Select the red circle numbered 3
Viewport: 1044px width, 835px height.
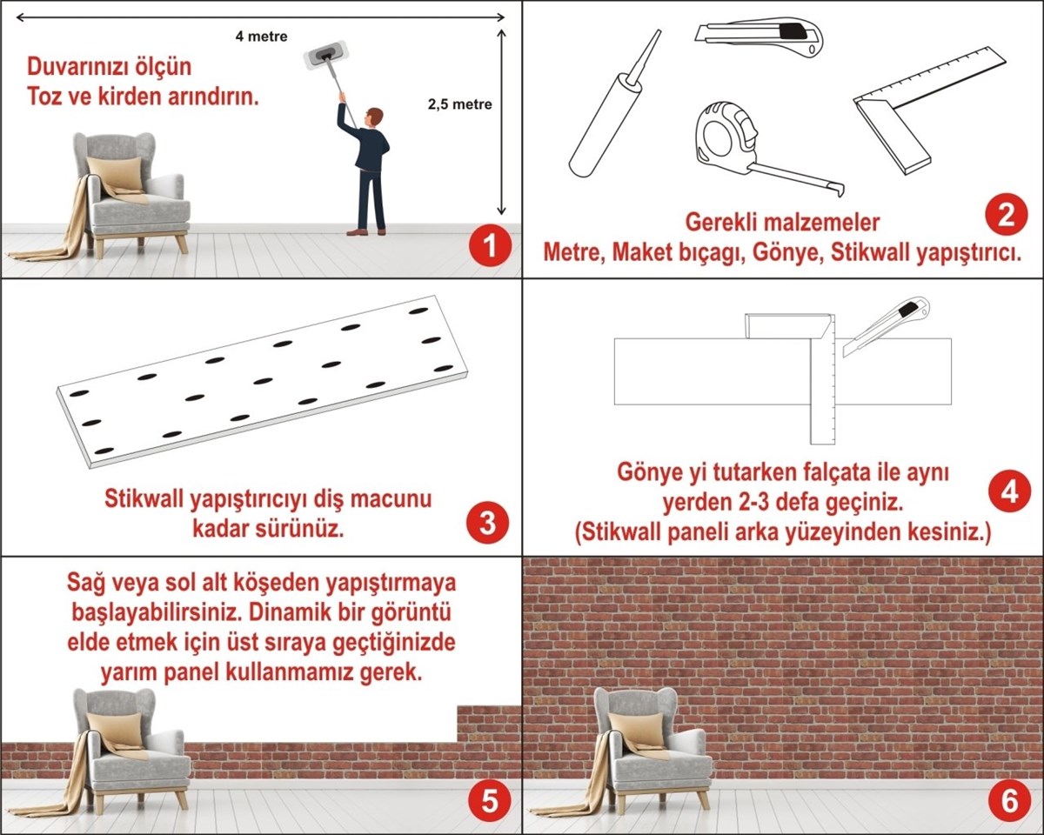pyautogui.click(x=488, y=524)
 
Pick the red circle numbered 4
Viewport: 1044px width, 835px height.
pyautogui.click(x=1009, y=493)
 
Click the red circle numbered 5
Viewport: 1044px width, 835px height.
pyautogui.click(x=488, y=802)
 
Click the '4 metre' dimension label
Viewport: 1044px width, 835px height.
pyautogui.click(x=261, y=37)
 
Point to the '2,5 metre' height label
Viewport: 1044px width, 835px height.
pyautogui.click(x=459, y=104)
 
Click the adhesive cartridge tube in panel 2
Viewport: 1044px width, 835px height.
pyautogui.click(x=609, y=113)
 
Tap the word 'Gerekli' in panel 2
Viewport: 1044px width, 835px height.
pyautogui.click(x=724, y=221)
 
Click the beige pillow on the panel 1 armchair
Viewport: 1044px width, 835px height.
pyautogui.click(x=116, y=174)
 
